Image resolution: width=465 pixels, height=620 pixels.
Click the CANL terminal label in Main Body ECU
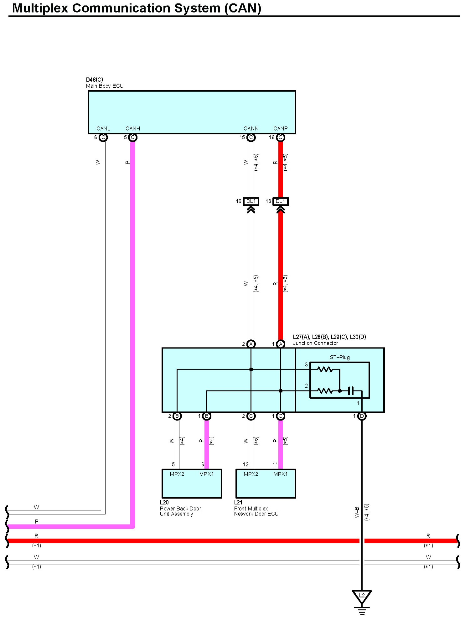click(x=103, y=129)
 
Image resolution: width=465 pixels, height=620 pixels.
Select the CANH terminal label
click(x=132, y=129)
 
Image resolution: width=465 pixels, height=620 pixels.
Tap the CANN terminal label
click(x=251, y=129)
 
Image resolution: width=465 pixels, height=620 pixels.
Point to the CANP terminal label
click(x=280, y=129)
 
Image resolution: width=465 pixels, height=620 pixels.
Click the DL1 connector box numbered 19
click(x=251, y=201)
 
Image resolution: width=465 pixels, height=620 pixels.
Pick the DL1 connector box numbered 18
click(x=280, y=201)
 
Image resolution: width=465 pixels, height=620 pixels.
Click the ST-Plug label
click(x=340, y=357)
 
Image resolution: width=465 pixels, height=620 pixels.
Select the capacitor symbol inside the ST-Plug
click(x=351, y=391)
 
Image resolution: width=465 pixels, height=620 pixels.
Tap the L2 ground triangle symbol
click(x=362, y=596)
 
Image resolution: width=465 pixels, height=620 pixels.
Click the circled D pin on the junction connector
click(x=362, y=416)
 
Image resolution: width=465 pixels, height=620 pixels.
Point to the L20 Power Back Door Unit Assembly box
click(x=192, y=483)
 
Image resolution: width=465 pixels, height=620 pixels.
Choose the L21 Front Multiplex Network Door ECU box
click(x=266, y=483)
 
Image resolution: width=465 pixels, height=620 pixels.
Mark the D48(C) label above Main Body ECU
click(x=95, y=80)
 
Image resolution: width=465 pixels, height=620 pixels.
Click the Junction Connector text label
click(x=315, y=343)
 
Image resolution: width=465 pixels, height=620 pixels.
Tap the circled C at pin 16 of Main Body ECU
click(x=280, y=137)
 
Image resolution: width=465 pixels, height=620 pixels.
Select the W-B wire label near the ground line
click(x=357, y=512)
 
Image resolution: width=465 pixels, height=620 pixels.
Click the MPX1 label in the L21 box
click(x=280, y=474)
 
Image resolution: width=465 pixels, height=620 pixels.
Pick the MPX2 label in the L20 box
click(x=177, y=474)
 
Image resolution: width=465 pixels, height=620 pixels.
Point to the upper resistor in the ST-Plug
click(x=325, y=369)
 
